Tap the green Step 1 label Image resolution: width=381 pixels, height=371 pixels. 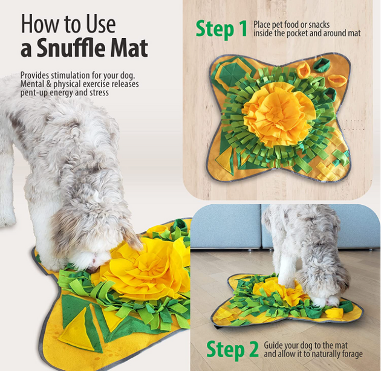(221, 30)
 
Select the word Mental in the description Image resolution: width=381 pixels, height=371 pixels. (31, 84)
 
